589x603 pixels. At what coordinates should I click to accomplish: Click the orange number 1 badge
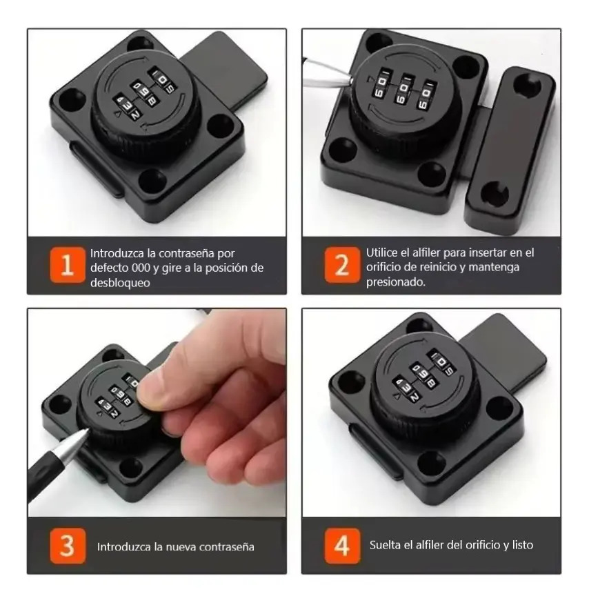(68, 265)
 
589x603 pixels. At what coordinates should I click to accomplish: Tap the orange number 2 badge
(342, 265)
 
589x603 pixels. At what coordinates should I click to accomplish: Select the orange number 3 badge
(68, 546)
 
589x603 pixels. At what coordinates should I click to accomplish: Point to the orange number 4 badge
(342, 546)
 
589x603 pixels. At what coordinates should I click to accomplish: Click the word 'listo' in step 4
(523, 545)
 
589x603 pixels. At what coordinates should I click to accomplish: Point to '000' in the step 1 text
(141, 268)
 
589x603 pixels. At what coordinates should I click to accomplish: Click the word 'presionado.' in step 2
(396, 282)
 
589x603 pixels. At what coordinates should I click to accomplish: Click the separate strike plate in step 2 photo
(509, 150)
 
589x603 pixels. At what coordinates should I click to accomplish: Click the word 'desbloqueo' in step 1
(120, 283)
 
